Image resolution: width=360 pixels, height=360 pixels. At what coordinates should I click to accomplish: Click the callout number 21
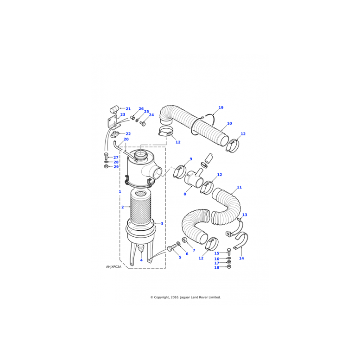[128, 109]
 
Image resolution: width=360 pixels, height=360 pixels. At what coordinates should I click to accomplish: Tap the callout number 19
[221, 108]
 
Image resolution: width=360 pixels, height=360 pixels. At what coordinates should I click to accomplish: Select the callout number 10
[229, 123]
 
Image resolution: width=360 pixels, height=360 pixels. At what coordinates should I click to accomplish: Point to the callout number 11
[239, 187]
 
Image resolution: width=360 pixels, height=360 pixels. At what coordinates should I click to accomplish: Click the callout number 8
[185, 194]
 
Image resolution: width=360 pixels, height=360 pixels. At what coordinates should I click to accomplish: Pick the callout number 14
[241, 258]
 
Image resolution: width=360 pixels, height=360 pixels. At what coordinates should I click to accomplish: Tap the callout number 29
[116, 166]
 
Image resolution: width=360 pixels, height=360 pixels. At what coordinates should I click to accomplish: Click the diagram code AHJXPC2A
[113, 267]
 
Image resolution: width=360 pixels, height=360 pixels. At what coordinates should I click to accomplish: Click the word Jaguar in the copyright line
[185, 297]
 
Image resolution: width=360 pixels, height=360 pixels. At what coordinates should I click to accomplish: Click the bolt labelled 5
[171, 248]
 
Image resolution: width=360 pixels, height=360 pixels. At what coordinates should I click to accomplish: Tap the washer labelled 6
[178, 243]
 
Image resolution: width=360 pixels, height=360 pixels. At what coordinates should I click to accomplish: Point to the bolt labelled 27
[106, 156]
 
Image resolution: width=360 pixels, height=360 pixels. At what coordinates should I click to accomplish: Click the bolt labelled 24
[142, 124]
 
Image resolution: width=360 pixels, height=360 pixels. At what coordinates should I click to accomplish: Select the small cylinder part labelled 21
[114, 109]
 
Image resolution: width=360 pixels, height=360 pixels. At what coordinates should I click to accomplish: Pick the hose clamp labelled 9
[179, 171]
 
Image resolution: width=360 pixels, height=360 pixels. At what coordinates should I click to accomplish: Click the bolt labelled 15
[229, 252]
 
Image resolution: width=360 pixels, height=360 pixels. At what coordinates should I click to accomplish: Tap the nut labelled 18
[229, 267]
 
